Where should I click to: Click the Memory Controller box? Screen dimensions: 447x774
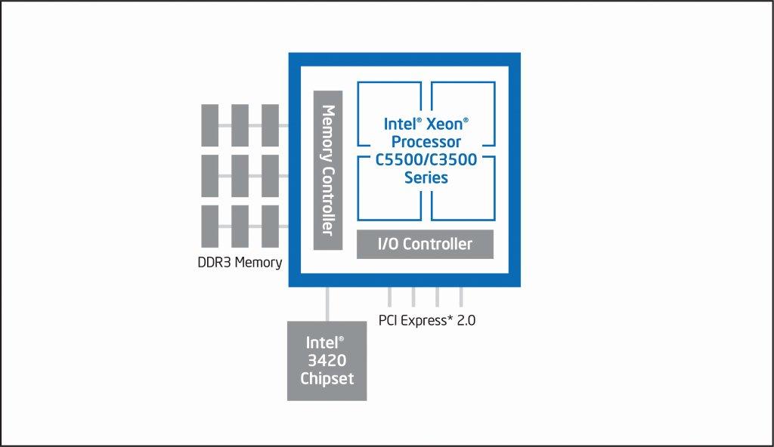click(x=328, y=170)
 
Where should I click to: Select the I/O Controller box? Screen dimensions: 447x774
click(x=425, y=244)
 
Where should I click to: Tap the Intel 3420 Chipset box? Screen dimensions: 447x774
click(x=327, y=360)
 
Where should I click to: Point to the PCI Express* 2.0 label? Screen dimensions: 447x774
click(x=427, y=320)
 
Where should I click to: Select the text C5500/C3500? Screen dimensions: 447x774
click(x=426, y=159)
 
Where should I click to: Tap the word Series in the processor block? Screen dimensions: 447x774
click(x=426, y=178)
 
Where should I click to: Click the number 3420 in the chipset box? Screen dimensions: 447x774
click(x=327, y=360)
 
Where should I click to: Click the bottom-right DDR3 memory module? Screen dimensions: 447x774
click(x=271, y=226)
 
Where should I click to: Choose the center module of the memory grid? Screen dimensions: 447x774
click(x=240, y=175)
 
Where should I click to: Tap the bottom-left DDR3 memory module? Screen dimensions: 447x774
click(x=209, y=226)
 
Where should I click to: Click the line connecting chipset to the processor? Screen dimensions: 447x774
click(x=327, y=304)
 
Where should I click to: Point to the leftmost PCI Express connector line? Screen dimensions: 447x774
click(x=390, y=297)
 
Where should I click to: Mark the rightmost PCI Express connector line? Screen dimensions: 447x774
click(x=460, y=297)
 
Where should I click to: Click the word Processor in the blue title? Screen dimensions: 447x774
click(x=426, y=141)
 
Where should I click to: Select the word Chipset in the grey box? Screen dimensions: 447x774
click(x=327, y=378)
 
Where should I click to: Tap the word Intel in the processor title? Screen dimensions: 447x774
click(x=400, y=123)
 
